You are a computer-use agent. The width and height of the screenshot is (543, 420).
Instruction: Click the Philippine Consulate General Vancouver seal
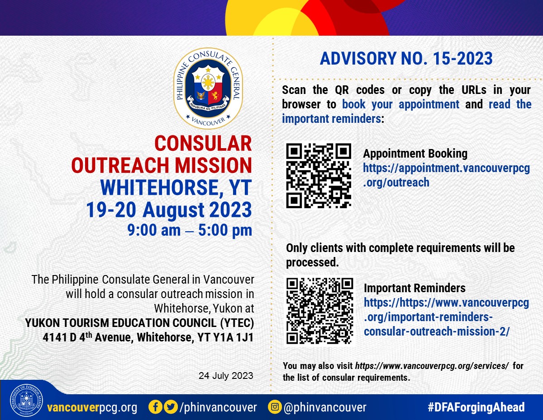208,88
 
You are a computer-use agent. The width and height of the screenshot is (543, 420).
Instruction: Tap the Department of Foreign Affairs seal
26,400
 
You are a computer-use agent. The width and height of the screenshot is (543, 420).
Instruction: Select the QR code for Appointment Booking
319,176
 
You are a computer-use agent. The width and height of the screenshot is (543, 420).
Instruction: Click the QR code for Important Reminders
319,311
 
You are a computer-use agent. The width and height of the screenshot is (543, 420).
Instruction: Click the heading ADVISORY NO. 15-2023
406,59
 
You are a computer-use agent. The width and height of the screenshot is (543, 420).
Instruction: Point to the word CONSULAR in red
203,144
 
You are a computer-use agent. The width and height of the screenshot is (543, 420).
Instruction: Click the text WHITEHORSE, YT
176,187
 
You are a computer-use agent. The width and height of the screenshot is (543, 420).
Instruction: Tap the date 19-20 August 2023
169,210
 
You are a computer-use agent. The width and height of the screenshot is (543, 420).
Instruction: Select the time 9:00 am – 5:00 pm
190,230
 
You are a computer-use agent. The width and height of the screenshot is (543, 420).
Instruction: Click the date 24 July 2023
226,376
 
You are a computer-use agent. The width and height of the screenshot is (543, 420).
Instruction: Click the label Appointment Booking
415,154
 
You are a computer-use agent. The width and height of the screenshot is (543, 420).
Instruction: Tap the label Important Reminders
414,288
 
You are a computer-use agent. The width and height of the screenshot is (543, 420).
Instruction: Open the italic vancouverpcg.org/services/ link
432,366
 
